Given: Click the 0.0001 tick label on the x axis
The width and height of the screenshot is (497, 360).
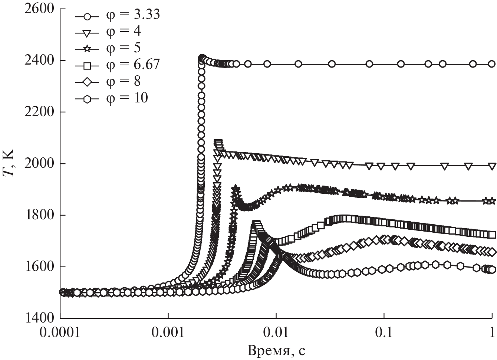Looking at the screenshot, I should point(60,333).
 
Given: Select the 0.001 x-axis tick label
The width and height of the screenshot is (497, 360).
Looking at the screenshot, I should point(168,333).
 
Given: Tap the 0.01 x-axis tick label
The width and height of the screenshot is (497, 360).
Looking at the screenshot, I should point(276,333).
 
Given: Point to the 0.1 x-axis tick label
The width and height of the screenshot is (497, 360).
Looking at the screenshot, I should point(384,333).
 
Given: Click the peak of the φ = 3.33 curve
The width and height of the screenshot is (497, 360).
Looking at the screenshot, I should point(202,58).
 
